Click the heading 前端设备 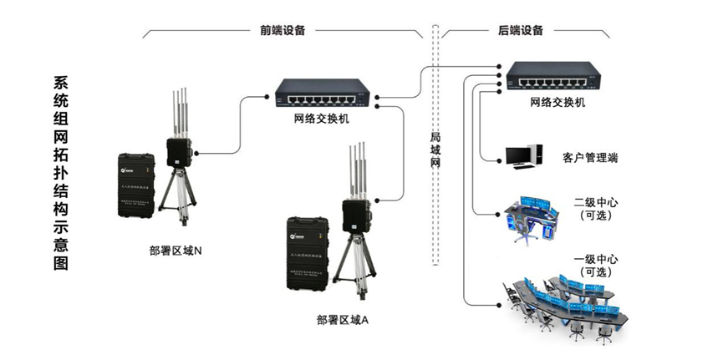283,30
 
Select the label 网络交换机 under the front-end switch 322,119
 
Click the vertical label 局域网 435,150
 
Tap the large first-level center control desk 568,305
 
